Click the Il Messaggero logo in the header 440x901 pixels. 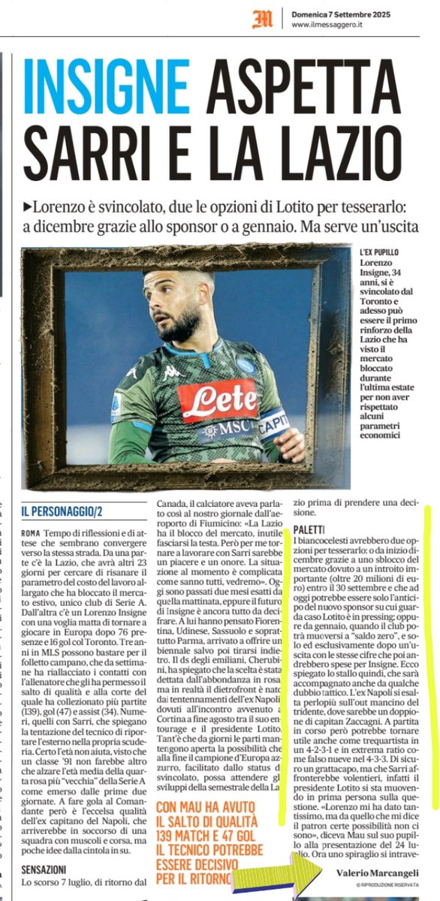tap(263, 18)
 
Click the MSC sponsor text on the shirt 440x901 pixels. tap(225, 430)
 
